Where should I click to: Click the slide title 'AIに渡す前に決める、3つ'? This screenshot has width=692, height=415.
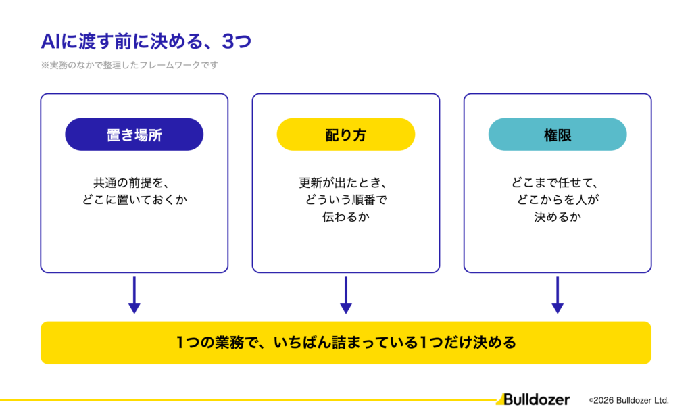(146, 41)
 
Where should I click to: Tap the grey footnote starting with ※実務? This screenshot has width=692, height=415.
(130, 65)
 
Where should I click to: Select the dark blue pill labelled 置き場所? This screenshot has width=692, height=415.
(134, 135)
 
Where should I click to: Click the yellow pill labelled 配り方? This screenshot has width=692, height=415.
(346, 135)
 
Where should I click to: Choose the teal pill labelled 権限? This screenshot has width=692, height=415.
(558, 135)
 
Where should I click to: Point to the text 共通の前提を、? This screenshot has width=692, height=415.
(131, 182)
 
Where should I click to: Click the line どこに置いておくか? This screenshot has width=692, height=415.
(134, 199)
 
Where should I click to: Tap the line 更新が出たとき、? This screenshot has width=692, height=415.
(343, 182)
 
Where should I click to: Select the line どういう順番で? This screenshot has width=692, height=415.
(346, 199)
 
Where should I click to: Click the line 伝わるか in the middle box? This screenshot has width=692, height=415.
(346, 216)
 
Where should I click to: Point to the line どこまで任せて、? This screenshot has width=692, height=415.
(555, 182)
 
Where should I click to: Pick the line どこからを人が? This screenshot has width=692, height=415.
(558, 199)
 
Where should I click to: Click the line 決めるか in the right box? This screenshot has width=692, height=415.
(558, 216)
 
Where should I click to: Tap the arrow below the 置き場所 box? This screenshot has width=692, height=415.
(134, 295)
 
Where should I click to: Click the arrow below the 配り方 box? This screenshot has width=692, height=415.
(346, 295)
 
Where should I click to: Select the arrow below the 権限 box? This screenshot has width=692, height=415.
(558, 295)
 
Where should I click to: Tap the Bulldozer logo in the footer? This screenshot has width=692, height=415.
(533, 399)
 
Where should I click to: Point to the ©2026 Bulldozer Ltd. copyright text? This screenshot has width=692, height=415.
(629, 400)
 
